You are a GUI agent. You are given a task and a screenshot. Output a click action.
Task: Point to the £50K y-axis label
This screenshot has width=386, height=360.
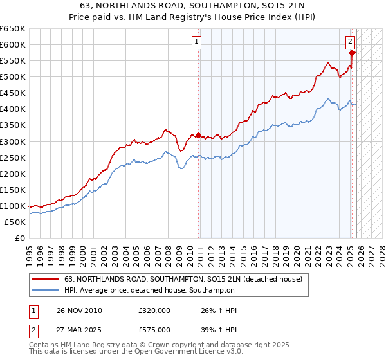(x=15, y=222)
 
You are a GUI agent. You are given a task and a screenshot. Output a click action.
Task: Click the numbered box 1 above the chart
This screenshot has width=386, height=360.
(x=196, y=42)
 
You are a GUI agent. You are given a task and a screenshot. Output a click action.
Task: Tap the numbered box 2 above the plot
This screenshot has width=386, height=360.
(x=351, y=42)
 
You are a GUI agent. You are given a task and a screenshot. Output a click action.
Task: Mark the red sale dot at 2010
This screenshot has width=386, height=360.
(x=198, y=135)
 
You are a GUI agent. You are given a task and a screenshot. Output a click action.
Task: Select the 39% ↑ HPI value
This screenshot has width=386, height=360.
(x=219, y=329)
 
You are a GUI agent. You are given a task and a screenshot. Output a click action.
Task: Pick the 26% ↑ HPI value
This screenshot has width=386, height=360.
(x=219, y=310)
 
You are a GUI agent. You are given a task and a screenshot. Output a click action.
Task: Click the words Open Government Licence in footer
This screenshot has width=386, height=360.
(x=186, y=352)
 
